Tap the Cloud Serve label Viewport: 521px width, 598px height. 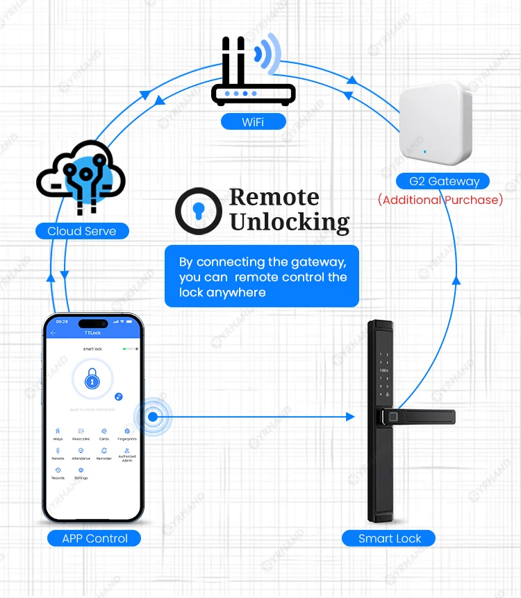pos(82,231)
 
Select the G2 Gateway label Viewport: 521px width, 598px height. pos(443,181)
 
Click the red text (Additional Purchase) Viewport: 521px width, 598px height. pos(440,200)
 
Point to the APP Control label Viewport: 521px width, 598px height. pos(94,538)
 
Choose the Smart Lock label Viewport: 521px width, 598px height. pos(389,538)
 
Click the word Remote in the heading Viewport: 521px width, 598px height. pos(274,197)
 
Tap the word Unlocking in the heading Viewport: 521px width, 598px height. pos(289,222)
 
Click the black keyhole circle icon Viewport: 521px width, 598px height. pos(199,210)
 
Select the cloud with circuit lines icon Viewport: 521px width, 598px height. pos(81,175)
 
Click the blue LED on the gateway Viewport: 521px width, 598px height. pos(423,149)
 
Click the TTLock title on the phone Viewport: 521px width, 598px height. pos(92,333)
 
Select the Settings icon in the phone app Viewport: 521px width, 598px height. pos(81,471)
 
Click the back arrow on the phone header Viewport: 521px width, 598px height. pos(53,333)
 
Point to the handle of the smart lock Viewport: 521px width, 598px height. pos(420,417)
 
